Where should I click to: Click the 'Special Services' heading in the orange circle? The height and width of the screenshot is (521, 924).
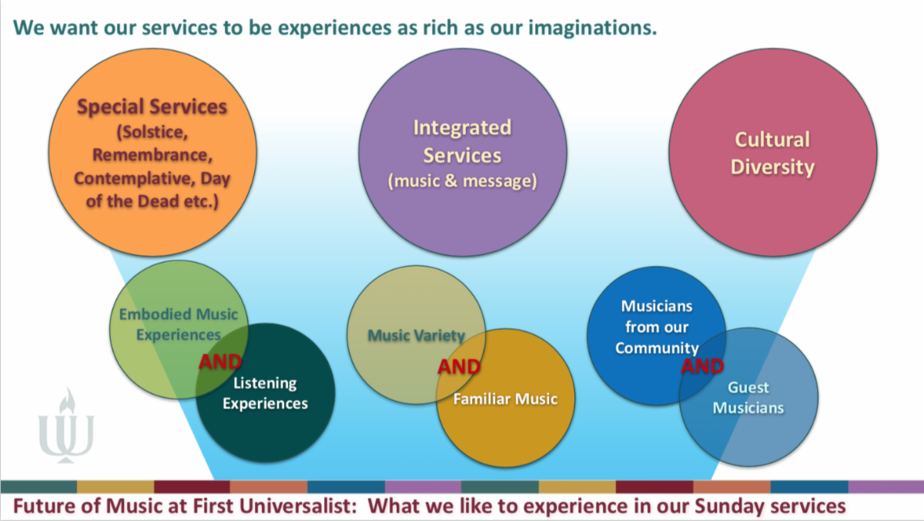point(152,106)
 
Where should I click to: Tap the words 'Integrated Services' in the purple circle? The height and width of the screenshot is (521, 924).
point(462,141)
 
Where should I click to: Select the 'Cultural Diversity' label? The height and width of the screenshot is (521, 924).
point(772,153)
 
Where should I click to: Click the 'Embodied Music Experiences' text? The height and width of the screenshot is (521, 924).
point(178,324)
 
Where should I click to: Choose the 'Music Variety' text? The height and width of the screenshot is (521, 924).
point(416,335)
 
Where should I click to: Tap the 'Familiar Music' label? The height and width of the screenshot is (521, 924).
point(504,398)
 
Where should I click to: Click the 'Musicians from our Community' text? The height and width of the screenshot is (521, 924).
point(656,327)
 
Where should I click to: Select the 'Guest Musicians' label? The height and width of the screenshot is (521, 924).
point(748,398)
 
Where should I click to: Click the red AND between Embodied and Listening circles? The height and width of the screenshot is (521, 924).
point(220,361)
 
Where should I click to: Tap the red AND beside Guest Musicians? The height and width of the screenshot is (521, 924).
point(702,366)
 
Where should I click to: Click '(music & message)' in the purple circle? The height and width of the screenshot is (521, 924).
point(462,182)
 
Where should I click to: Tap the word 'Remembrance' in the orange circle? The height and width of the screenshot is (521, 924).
point(151,154)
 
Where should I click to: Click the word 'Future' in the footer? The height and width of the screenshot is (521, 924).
point(37,506)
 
